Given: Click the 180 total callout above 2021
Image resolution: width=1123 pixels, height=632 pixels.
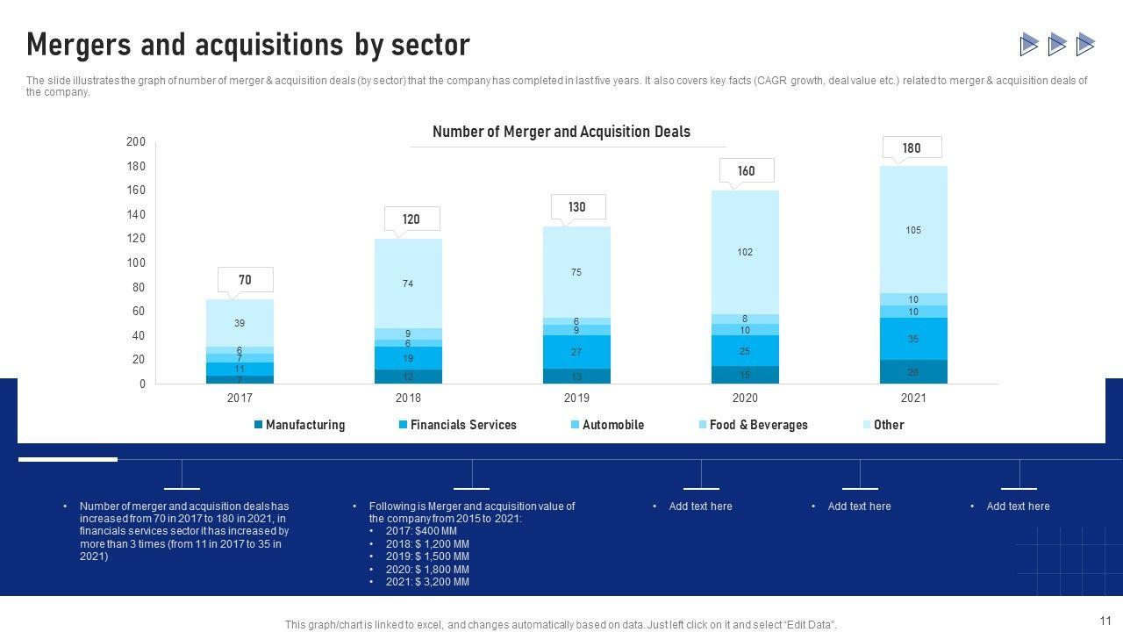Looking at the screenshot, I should pyautogui.click(x=912, y=147).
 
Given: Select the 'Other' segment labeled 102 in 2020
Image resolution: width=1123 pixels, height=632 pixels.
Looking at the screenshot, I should pyautogui.click(x=745, y=252).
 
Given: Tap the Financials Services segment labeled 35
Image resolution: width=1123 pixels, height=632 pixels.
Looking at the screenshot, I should pyautogui.click(x=913, y=339).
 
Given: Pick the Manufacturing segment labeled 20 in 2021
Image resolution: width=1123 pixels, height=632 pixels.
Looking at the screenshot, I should pyautogui.click(x=913, y=372).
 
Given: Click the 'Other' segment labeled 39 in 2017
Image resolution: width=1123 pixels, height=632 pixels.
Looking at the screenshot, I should pyautogui.click(x=240, y=323).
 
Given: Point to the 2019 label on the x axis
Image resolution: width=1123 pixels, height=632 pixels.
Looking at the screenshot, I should pyautogui.click(x=576, y=398).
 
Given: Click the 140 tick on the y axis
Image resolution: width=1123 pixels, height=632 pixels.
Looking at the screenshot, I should pyautogui.click(x=136, y=214).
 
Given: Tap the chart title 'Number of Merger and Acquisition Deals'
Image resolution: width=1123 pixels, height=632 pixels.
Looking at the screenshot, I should pyautogui.click(x=561, y=132).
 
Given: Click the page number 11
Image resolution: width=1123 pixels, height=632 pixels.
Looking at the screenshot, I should pyautogui.click(x=1105, y=619).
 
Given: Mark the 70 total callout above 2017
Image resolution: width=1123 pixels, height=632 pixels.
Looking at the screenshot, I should pyautogui.click(x=245, y=280).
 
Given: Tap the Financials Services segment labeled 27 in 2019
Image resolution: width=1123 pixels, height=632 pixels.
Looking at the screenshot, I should pyautogui.click(x=576, y=352).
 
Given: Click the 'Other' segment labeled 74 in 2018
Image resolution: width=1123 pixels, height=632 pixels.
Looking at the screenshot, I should pyautogui.click(x=408, y=284).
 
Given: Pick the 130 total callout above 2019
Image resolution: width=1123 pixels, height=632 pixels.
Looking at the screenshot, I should pyautogui.click(x=576, y=207).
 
